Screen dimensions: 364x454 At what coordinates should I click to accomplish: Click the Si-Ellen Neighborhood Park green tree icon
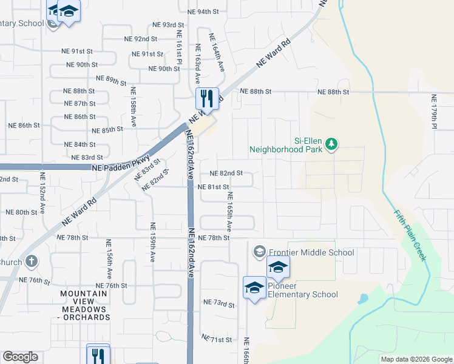[331, 144]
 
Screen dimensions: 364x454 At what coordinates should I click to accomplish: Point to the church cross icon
[31, 261]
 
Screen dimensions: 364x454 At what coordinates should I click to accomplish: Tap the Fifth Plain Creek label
[411, 236]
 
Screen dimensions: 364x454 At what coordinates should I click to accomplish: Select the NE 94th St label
[203, 12]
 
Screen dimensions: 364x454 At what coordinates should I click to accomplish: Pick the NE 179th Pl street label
[433, 113]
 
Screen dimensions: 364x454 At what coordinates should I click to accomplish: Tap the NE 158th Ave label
[133, 106]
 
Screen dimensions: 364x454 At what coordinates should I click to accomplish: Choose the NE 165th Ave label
[229, 211]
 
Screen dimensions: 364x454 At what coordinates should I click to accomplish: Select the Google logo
[21, 357]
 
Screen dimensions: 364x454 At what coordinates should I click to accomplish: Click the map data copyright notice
[416, 359]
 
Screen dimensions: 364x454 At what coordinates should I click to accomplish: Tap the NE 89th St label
[112, 79]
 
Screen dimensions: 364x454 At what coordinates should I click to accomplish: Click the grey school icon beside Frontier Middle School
[259, 251]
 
